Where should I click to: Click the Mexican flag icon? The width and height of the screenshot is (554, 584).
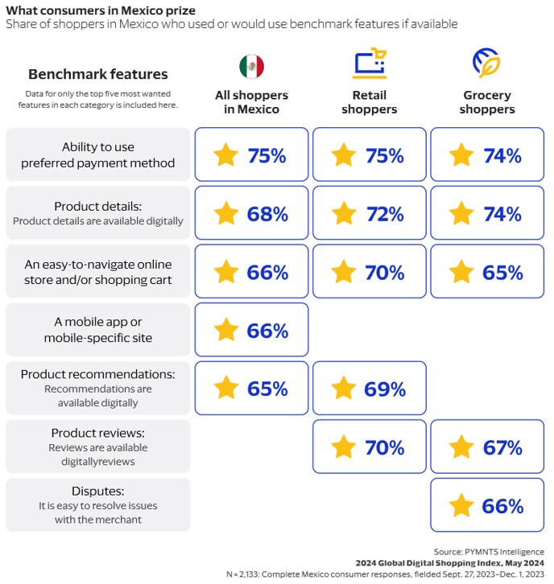point(251,66)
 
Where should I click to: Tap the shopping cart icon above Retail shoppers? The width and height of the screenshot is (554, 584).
point(370,64)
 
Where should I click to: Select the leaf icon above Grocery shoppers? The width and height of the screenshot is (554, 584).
point(486,63)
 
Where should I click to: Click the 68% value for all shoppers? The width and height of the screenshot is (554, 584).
point(267,214)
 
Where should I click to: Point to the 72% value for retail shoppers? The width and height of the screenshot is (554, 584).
point(385,214)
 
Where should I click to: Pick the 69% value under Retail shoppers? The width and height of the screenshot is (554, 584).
point(385,389)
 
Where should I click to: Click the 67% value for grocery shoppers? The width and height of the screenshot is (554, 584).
point(503,446)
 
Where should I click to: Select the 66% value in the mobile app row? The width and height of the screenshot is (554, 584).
point(267,330)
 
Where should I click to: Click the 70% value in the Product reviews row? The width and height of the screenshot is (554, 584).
point(385,446)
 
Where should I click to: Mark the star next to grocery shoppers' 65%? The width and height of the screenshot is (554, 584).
point(461,272)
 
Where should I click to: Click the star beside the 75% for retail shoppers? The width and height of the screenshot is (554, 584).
point(344,155)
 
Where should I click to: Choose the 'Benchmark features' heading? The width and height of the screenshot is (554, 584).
point(98,75)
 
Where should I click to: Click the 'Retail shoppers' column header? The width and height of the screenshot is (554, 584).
point(370,103)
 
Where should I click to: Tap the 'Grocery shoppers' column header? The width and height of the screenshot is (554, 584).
point(487,103)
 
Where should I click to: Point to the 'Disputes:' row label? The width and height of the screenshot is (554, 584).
point(98,491)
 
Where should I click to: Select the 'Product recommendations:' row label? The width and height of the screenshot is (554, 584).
point(98,374)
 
